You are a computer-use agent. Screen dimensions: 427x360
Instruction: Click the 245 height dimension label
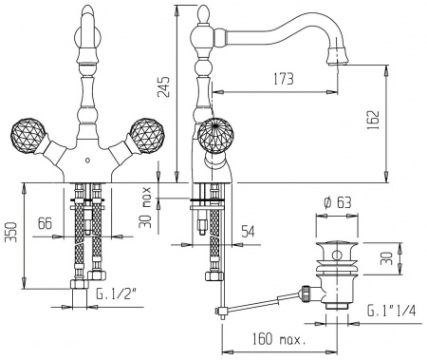[x=164, y=86]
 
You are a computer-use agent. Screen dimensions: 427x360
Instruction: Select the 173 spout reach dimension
[x=283, y=79]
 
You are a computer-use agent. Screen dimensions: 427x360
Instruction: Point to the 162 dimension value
[x=373, y=120]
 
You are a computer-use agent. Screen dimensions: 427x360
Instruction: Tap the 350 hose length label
[x=11, y=233]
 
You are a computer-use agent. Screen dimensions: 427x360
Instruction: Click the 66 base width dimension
[x=45, y=223]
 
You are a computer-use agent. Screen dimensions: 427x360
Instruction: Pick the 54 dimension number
[x=248, y=232]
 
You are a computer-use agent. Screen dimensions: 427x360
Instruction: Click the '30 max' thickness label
[x=145, y=207]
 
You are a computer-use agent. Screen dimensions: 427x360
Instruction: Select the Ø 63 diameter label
[x=337, y=202]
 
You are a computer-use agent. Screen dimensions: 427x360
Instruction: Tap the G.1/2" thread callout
[x=116, y=294]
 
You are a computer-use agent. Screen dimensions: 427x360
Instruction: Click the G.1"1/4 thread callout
[x=391, y=311]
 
